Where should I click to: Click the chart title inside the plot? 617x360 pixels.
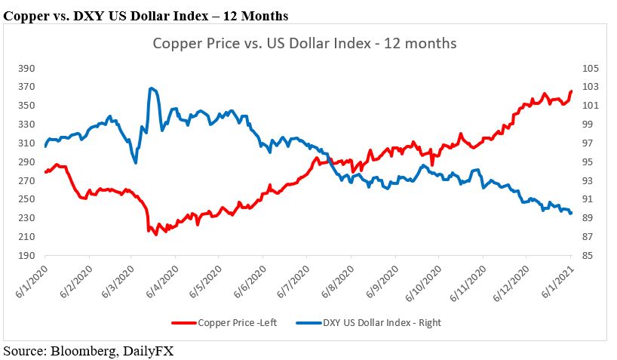tap(304, 43)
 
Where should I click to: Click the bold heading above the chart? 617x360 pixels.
tap(146, 14)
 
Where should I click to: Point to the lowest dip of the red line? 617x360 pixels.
tap(156, 234)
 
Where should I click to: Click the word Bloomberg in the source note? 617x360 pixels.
tap(85, 350)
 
